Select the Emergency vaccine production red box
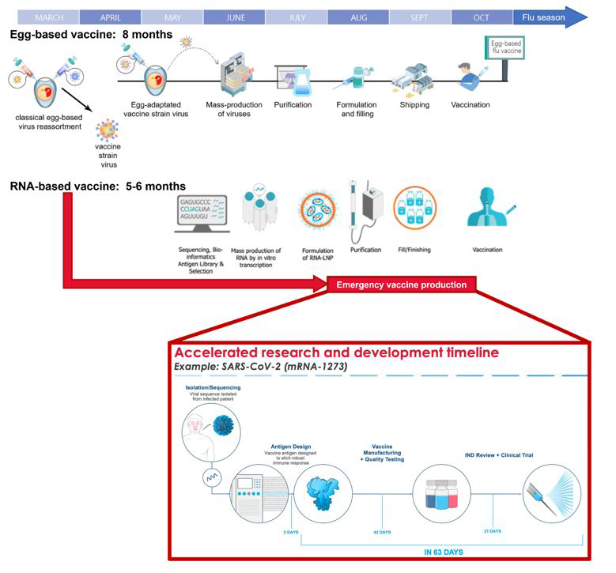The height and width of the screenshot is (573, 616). pyautogui.click(x=401, y=285)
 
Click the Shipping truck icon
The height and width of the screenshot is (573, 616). pyautogui.click(x=414, y=77)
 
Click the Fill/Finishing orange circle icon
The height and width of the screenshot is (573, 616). pyautogui.click(x=415, y=208)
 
